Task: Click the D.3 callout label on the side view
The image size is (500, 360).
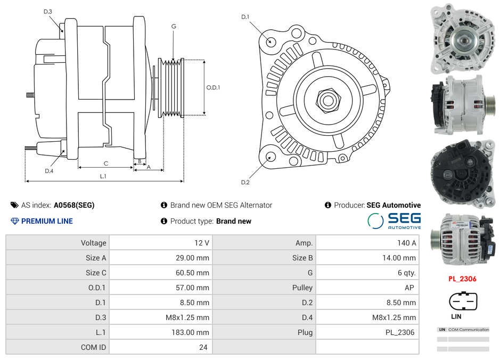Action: pos(48,11)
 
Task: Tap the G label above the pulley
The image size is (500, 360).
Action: pos(174,27)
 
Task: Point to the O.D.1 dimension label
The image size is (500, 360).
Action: pos(213,87)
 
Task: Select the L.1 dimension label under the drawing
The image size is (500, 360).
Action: pos(103,176)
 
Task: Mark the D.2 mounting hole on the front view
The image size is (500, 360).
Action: pos(271,157)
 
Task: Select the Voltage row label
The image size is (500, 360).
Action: pos(93,243)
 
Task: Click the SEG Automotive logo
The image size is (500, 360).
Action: pos(395,220)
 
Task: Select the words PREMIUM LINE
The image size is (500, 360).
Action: pos(47,221)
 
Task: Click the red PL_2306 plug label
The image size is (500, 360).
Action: pos(462,279)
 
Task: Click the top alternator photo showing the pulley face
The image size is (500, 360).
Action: pos(462,39)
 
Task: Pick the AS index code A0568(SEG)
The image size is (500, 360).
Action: pos(74,205)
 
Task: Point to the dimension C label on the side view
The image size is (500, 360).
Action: pos(106,163)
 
